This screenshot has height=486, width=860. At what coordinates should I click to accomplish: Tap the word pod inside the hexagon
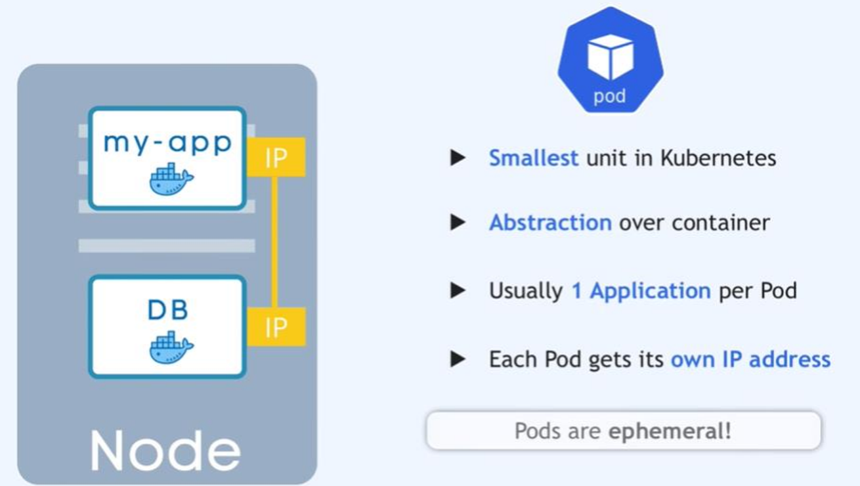point(610,97)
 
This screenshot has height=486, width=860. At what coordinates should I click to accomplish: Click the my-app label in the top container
point(168,143)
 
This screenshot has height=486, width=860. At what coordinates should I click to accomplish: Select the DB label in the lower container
point(168,309)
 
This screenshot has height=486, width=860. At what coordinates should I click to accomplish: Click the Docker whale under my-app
point(171,179)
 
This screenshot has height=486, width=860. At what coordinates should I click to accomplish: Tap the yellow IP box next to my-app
point(276,158)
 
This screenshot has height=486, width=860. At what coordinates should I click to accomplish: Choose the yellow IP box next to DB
point(276,326)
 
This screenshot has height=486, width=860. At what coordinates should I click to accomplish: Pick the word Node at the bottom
point(165,451)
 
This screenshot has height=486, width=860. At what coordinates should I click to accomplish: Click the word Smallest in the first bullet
point(533,158)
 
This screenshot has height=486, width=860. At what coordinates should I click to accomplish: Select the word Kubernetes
point(718,158)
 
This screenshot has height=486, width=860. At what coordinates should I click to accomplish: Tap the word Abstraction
point(550,223)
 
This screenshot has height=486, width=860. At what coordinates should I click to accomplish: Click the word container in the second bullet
point(721,223)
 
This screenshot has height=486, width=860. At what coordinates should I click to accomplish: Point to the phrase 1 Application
point(641,291)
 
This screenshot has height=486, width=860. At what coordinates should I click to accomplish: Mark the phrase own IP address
point(750,359)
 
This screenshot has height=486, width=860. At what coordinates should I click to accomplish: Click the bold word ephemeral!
point(670,431)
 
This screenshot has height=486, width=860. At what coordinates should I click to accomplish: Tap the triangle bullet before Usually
point(458,290)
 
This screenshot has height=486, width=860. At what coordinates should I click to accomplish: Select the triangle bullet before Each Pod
point(458,359)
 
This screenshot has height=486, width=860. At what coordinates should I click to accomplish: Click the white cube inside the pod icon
point(610,56)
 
